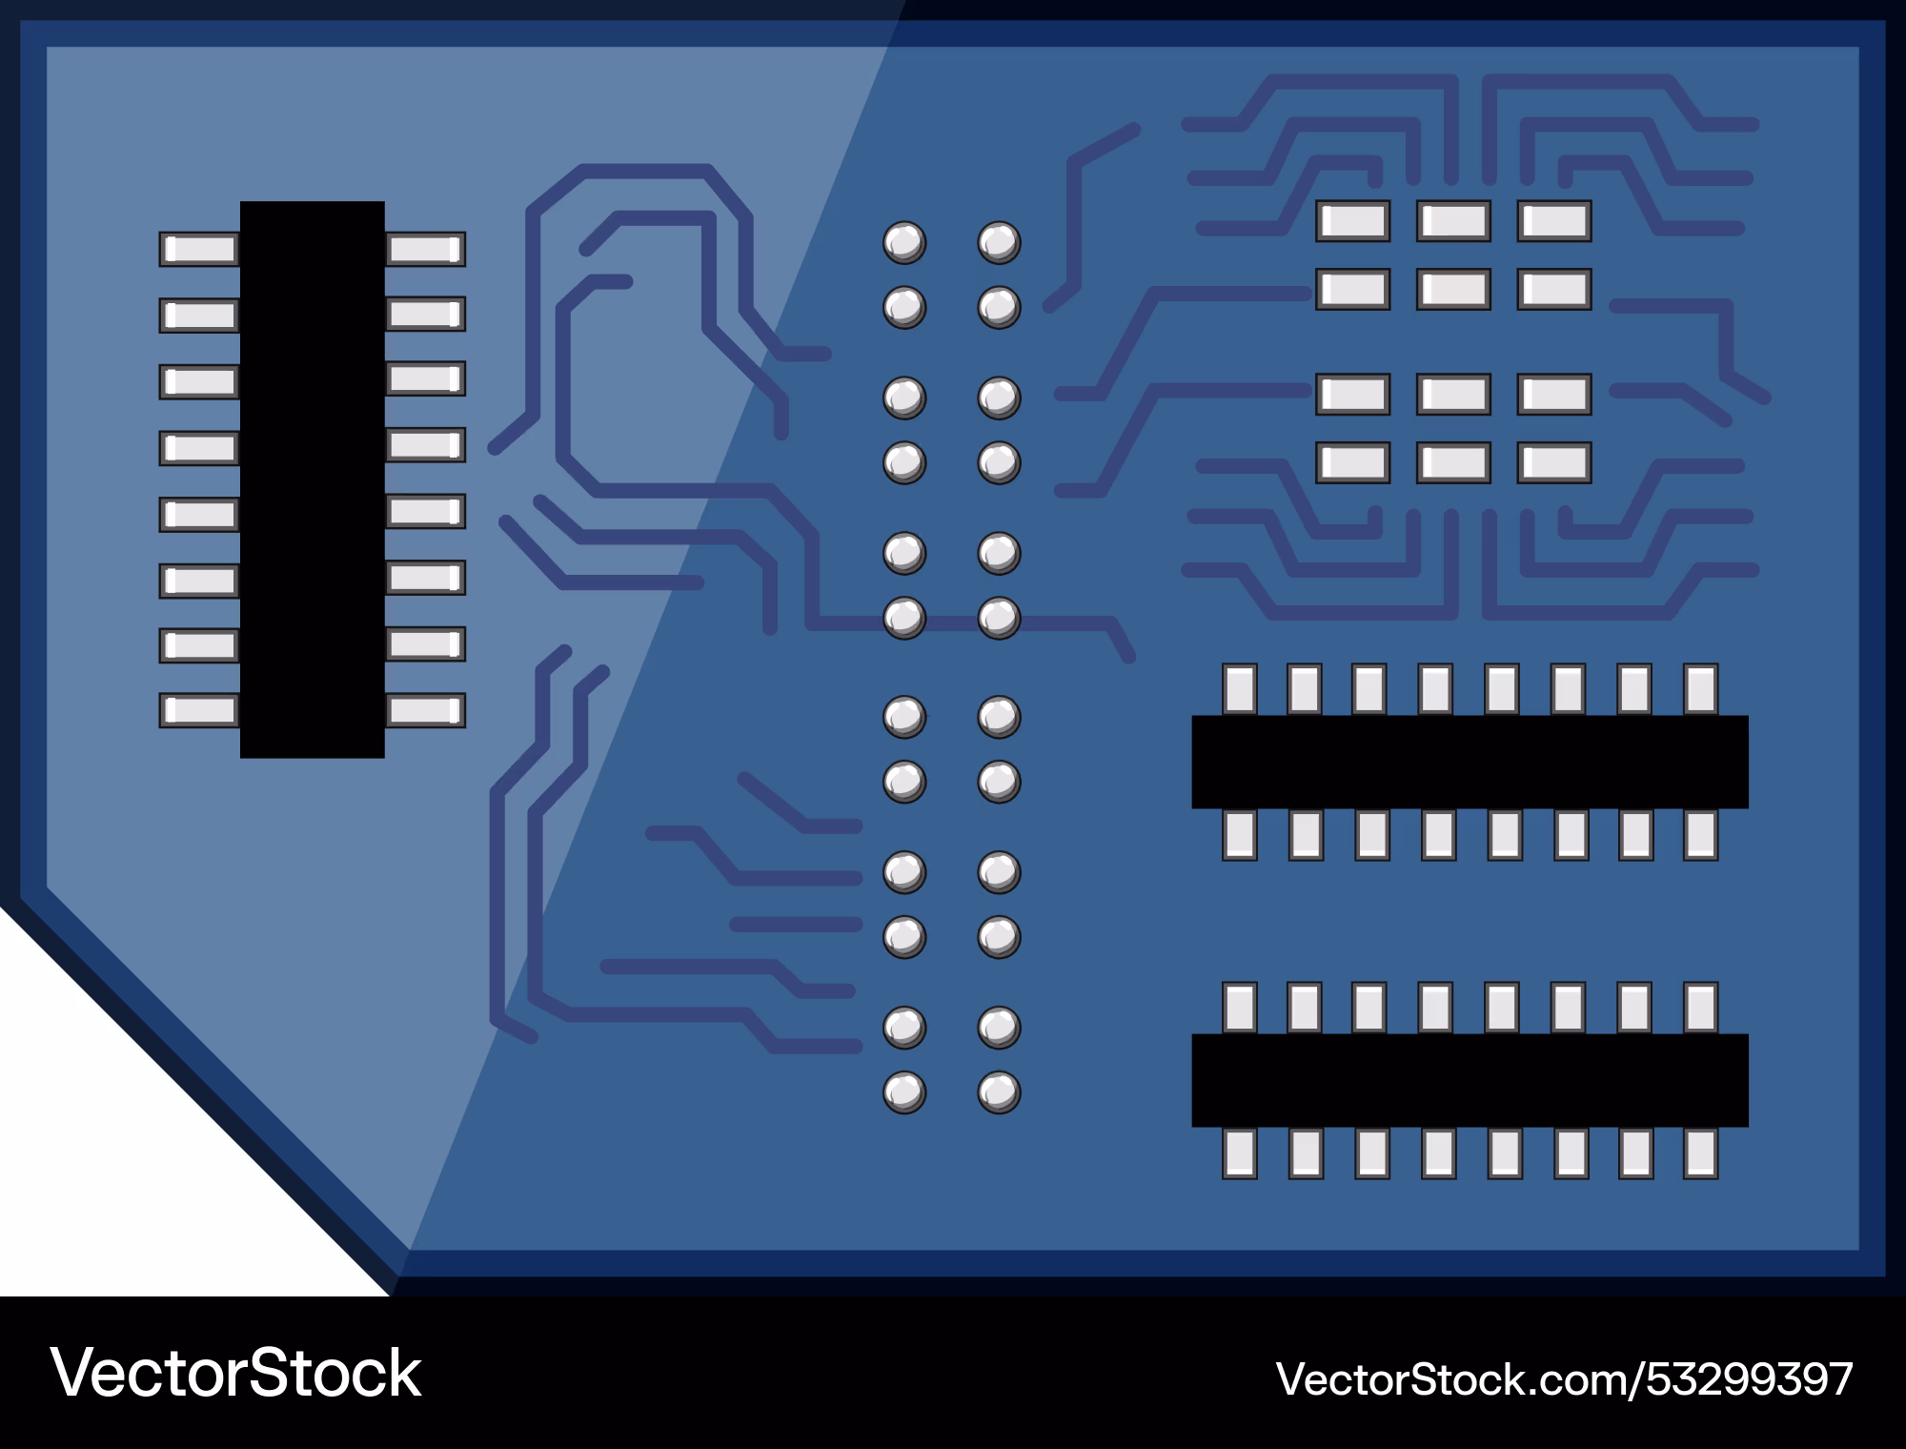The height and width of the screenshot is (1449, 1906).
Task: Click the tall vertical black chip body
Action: [x=312, y=480]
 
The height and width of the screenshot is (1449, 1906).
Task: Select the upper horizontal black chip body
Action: [x=1470, y=762]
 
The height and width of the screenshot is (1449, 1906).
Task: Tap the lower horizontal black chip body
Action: [x=1470, y=1080]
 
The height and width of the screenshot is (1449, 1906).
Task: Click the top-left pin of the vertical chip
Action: [x=199, y=250]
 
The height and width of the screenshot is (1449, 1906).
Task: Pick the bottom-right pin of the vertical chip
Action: [x=425, y=710]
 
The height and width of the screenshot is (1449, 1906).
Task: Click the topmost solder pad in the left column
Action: [x=904, y=243]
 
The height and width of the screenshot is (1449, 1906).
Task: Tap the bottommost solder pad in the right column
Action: [x=999, y=1092]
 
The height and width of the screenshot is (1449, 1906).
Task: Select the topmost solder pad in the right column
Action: [x=999, y=243]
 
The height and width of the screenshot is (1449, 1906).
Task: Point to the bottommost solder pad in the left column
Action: [x=904, y=1092]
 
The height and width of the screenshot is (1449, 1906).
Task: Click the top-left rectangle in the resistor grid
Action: [x=1353, y=221]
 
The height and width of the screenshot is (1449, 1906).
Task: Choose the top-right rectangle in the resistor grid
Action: [x=1554, y=221]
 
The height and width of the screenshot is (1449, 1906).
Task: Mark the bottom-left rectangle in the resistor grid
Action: [x=1353, y=463]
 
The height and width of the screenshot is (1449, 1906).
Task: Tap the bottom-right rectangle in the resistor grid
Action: [x=1554, y=463]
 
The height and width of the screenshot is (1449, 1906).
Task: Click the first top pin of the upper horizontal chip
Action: [x=1240, y=689]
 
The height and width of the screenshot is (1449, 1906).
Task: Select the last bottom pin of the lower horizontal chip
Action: [x=1700, y=1153]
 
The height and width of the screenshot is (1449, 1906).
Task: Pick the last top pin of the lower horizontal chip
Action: [x=1700, y=1008]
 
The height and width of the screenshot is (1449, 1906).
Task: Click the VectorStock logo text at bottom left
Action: [x=235, y=1374]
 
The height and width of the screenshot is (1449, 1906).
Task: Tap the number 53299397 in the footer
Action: [x=1750, y=1379]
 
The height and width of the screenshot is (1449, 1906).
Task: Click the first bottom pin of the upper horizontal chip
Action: [x=1240, y=834]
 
